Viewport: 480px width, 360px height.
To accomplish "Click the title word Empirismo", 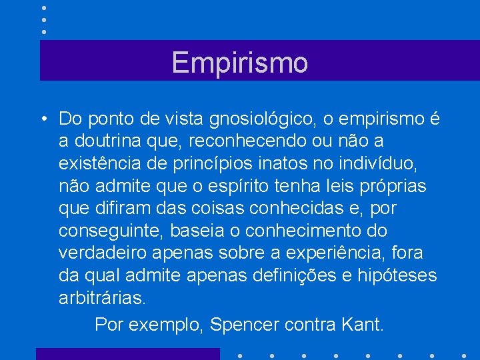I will coord(240,63).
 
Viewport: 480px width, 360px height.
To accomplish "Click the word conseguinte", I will coord(110,231).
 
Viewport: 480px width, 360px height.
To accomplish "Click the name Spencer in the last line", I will coord(244,325).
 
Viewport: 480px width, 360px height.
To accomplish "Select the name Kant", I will coord(363,325).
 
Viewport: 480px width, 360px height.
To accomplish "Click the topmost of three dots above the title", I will coord(43,8).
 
